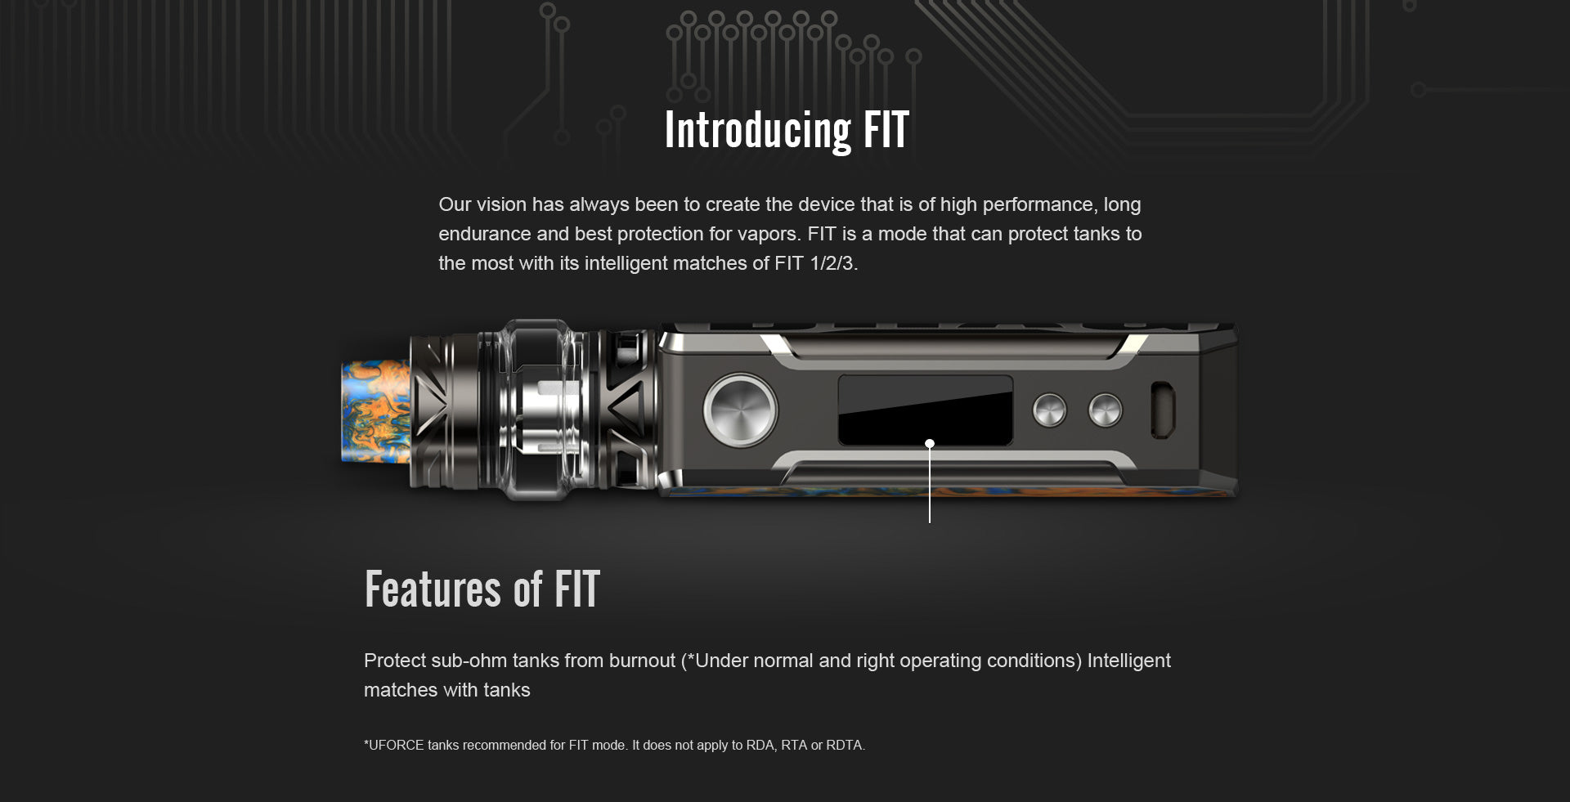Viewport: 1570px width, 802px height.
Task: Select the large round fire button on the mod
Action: (741, 410)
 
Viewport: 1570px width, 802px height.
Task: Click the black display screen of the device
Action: (926, 410)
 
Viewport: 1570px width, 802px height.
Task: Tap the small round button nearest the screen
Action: (1050, 410)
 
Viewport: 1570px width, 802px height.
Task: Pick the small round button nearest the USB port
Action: (1106, 410)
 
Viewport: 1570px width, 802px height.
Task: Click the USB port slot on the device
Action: (1163, 410)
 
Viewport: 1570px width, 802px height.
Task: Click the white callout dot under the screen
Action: (930, 444)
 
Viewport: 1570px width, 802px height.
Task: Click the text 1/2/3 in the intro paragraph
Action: (833, 263)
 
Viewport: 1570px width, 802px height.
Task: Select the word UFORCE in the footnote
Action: (397, 745)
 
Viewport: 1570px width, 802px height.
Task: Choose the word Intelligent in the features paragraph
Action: (1129, 661)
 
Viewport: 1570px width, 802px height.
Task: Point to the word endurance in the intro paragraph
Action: (485, 234)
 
